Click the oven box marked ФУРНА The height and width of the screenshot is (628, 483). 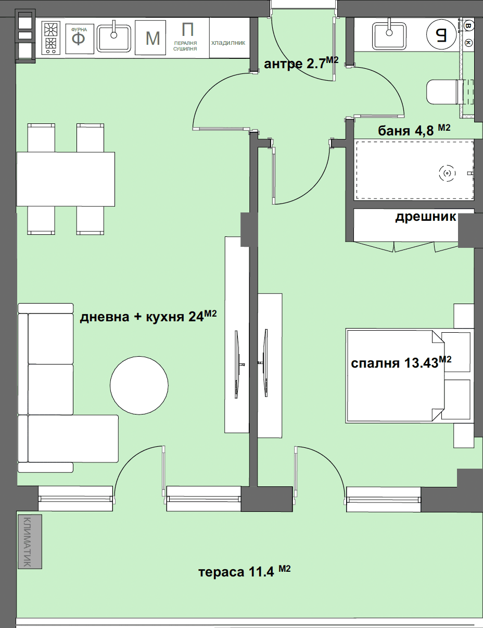click(80, 39)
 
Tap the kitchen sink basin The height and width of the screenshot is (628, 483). click(113, 39)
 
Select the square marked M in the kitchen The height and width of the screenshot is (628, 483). click(150, 37)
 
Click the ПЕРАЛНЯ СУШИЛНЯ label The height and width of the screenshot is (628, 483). click(185, 46)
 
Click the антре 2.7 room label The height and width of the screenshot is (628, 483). click(301, 63)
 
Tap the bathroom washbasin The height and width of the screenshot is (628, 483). click(389, 36)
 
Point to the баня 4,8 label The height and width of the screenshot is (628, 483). click(414, 130)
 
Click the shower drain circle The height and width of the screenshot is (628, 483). click(447, 173)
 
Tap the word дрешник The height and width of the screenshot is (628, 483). click(426, 217)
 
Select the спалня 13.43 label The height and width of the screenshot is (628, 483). click(401, 362)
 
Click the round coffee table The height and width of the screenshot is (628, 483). click(139, 385)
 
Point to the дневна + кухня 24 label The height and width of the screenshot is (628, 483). click(148, 316)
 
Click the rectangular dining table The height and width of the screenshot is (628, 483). click(66, 179)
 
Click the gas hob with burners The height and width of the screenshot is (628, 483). click(51, 37)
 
